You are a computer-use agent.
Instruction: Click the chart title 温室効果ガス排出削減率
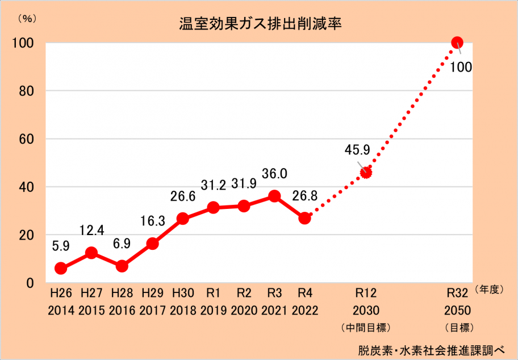(x=259, y=25)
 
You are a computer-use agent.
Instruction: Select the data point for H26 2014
(x=61, y=269)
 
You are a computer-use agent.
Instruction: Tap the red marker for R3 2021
(x=274, y=196)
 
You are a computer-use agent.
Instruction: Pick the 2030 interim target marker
(x=366, y=173)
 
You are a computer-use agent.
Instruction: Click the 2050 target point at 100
(x=457, y=42)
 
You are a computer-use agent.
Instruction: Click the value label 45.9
(x=357, y=150)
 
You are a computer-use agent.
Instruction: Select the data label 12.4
(x=91, y=232)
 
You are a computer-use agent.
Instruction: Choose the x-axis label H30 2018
(x=182, y=302)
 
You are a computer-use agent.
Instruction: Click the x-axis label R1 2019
(x=214, y=302)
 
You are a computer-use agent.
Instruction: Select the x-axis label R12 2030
(x=366, y=302)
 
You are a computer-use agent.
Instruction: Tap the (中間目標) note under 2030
(x=366, y=327)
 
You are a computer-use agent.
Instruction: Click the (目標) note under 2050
(x=457, y=327)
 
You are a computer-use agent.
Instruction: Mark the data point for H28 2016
(x=122, y=266)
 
